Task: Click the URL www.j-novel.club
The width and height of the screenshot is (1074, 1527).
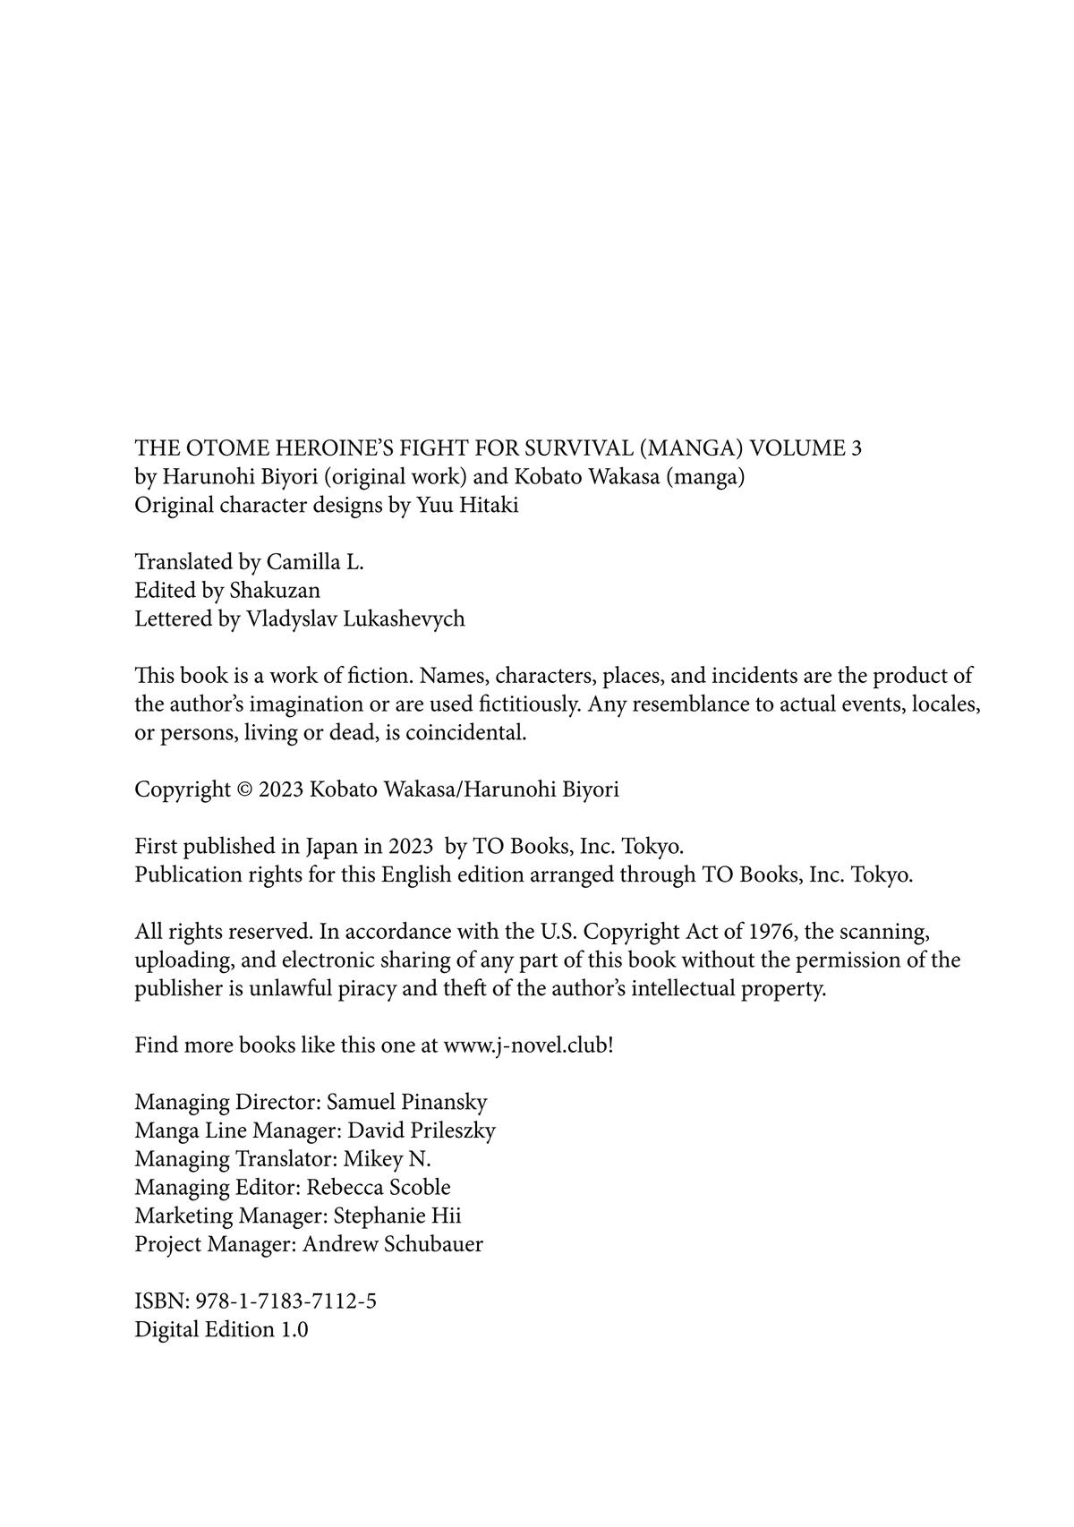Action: coord(526,1045)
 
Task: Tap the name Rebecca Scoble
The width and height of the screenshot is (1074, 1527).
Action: coord(379,1188)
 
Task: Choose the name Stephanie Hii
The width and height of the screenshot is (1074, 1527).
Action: coord(397,1216)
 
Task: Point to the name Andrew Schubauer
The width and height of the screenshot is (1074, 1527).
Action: coord(393,1245)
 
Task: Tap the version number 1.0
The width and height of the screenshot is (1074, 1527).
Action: coord(294,1330)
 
